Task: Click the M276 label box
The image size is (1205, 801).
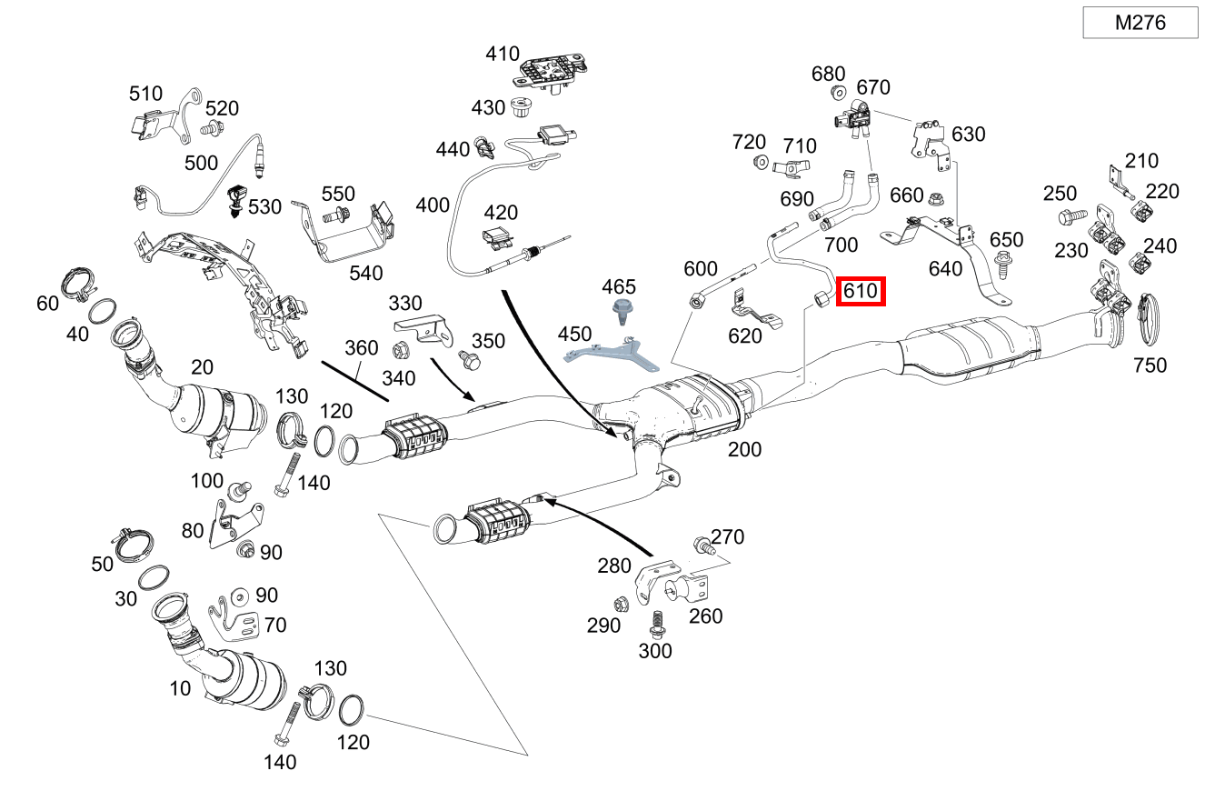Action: (1140, 23)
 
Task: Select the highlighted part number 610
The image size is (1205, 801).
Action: (860, 292)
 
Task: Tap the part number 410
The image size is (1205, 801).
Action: (503, 54)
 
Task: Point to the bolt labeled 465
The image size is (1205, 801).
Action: (623, 313)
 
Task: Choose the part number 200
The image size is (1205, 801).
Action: (744, 449)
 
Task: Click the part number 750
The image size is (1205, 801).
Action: (1150, 365)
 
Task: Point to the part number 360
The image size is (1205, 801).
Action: (361, 347)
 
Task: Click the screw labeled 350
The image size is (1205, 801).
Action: (469, 361)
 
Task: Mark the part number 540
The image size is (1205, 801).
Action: (366, 273)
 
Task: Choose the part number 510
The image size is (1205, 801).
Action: (145, 94)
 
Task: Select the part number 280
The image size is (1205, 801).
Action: (614, 566)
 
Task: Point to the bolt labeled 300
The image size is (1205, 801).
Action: (655, 623)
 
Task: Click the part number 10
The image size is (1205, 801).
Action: (180, 688)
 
